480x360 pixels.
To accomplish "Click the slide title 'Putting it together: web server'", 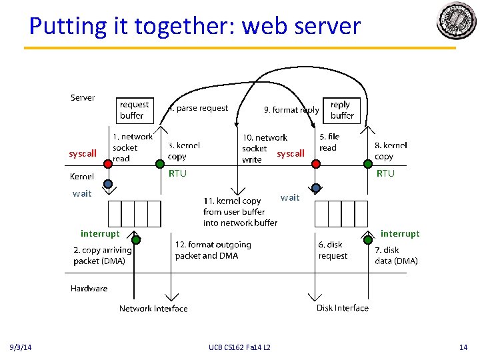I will [x=195, y=26].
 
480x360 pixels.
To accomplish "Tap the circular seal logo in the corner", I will [x=456, y=21].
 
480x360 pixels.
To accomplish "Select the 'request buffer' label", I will [x=134, y=110].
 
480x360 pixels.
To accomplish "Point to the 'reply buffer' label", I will [x=341, y=110].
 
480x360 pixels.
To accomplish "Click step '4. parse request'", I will [x=198, y=108].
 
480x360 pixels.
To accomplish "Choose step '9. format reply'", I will [x=291, y=110].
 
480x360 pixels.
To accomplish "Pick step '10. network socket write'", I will [x=264, y=148].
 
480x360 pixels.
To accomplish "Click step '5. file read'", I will [x=329, y=142].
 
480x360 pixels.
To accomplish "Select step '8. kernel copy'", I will [x=391, y=151].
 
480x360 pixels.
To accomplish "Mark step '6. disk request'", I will [x=333, y=250].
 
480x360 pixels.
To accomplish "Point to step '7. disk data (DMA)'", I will [x=396, y=255].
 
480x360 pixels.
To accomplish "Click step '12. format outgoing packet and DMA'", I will [x=213, y=250].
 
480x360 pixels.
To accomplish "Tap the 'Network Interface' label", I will [x=153, y=309].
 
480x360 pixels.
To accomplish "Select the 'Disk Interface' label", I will [x=342, y=308].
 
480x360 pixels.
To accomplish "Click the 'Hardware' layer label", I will [x=89, y=289].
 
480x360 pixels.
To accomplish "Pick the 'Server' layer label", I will [x=83, y=97].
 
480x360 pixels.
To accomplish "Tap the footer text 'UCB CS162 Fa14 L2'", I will [x=239, y=347].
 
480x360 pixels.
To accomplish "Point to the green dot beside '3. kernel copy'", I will [x=160, y=163].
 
